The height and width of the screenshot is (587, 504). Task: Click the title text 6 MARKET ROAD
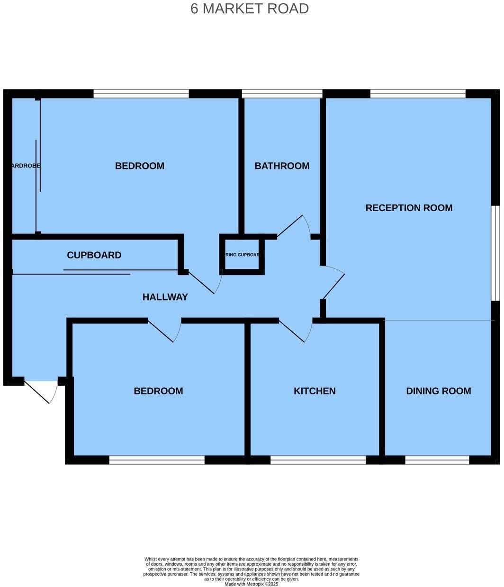(x=250, y=9)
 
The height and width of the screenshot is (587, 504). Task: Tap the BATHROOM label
(x=282, y=166)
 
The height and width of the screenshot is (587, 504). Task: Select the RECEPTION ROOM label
(x=409, y=208)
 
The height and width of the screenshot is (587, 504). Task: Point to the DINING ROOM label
(x=438, y=391)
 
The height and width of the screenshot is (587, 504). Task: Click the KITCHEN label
(x=315, y=391)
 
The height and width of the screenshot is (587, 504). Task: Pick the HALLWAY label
(x=165, y=297)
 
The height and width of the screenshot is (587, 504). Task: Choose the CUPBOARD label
(x=94, y=255)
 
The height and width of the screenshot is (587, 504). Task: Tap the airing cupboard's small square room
(x=242, y=255)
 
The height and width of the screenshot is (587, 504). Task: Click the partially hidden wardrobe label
(x=25, y=166)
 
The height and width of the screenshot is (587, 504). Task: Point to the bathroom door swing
(x=296, y=226)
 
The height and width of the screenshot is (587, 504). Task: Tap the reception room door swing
(x=333, y=282)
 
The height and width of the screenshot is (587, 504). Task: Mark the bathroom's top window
(x=282, y=94)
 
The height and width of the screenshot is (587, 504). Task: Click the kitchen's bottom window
(x=318, y=460)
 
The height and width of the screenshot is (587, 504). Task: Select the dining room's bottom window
(x=437, y=460)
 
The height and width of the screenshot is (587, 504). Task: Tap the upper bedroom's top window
(x=141, y=94)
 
